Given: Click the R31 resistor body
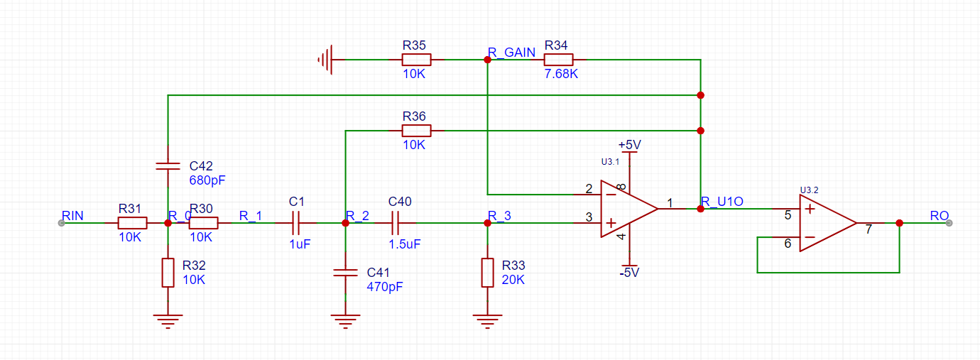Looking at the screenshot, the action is coord(132,223).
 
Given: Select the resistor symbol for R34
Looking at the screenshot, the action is coord(558,60).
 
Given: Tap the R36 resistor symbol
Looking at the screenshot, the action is coord(416,131).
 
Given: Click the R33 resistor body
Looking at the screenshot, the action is coord(487,273).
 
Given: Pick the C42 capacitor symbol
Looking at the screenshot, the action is coord(168,165).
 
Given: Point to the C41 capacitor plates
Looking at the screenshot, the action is coord(345,273).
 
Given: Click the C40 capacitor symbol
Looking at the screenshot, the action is coord(395,223).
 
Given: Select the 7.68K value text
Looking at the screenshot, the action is coord(561,74).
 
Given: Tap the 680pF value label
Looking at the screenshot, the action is coord(207,180).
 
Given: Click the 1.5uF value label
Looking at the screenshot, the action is coord(405,244).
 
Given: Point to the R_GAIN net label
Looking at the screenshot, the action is coord(511,53).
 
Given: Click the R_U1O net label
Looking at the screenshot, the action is coord(722,201).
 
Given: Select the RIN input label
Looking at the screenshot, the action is coord(72,216).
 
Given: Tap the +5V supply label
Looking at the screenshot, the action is coord(630,144).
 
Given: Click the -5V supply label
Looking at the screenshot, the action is coord(629,273).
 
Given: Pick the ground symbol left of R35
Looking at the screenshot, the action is coord(325,60).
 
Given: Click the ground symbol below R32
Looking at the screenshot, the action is coord(168,321).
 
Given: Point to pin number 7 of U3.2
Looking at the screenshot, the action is coord(869,229).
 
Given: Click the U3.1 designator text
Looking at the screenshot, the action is coord(610,162).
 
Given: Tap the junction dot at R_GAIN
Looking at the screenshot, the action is coord(487,60).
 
